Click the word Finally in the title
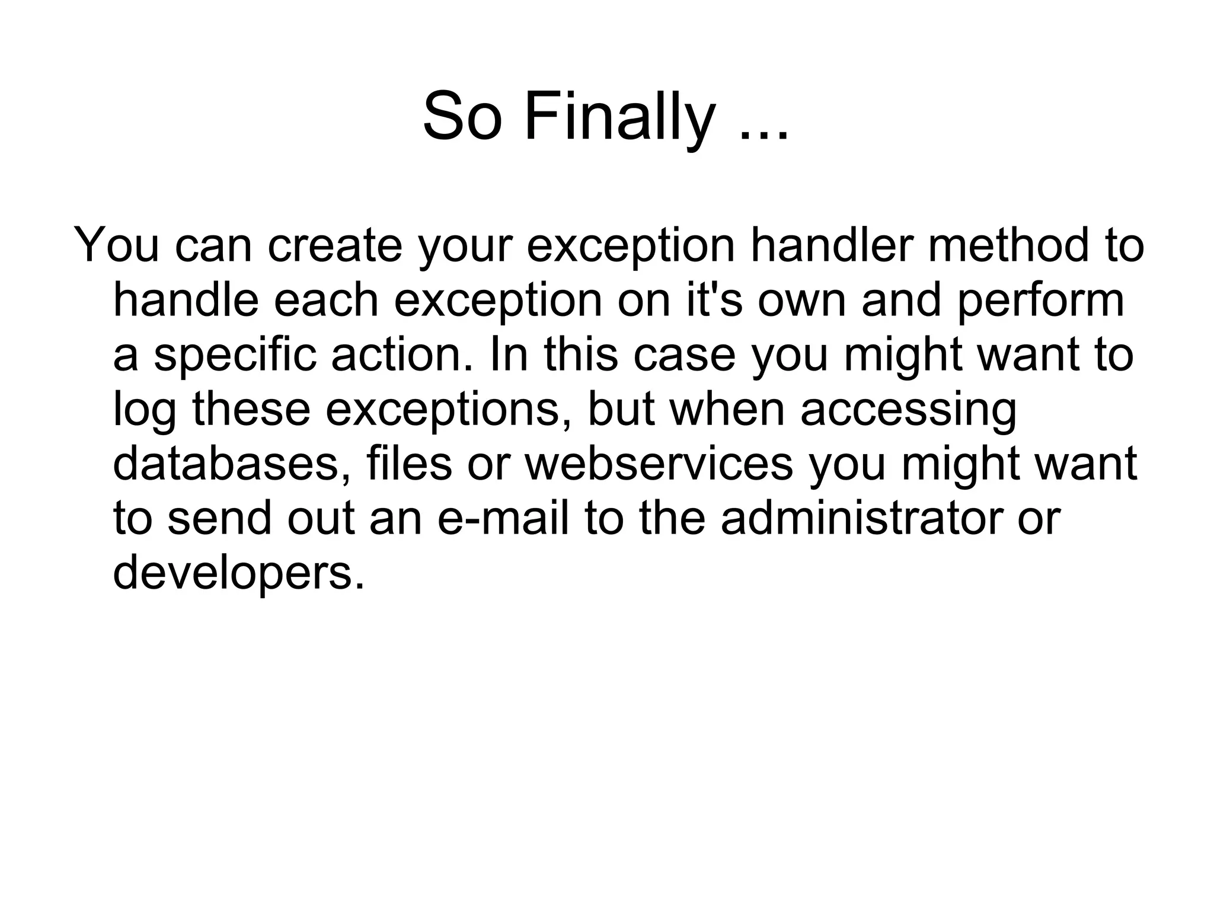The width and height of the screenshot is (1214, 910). tap(619, 117)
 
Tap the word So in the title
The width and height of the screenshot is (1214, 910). tap(462, 117)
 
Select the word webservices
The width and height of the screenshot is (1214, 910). tap(659, 464)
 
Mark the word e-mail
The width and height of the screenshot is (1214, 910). tap(503, 518)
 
